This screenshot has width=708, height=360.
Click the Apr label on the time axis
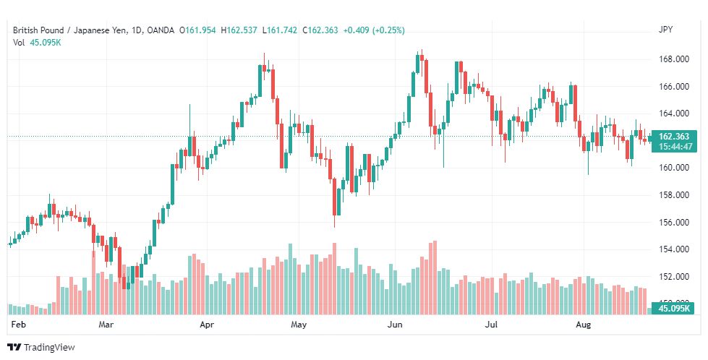coord(206,325)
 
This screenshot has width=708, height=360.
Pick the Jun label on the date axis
coord(395,325)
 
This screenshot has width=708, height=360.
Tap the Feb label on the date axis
coord(18,325)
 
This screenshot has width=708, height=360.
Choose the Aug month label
coord(584,325)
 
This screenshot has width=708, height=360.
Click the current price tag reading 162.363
coord(674,137)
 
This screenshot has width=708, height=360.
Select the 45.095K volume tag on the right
coord(675,309)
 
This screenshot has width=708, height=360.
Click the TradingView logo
coord(41,348)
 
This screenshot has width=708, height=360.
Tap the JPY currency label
coord(665,30)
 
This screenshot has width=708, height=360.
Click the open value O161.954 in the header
coord(197,30)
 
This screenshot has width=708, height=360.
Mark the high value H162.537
coord(239,30)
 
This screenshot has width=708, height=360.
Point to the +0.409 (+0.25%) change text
coord(374,30)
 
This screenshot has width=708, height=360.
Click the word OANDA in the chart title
coord(161,30)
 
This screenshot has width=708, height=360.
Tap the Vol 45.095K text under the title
coord(37,43)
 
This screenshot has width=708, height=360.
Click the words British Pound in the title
coord(38,30)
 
